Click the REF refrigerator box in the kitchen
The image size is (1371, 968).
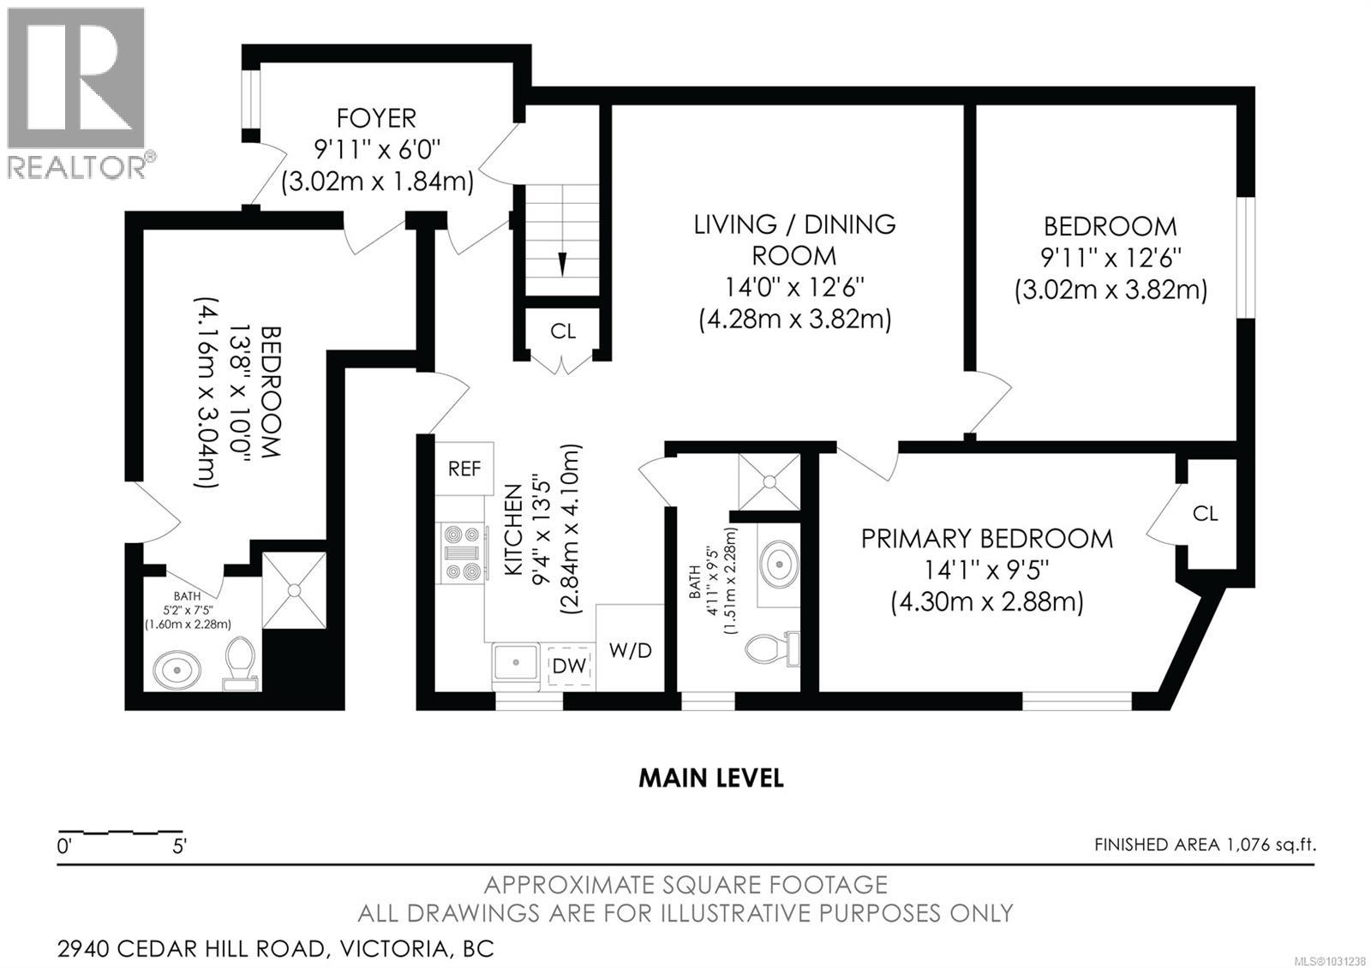tap(464, 469)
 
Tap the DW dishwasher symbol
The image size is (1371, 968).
tap(569, 666)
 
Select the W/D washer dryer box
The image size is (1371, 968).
tap(630, 650)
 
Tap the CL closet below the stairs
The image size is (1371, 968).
tap(563, 332)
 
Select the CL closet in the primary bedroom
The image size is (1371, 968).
tap(1205, 513)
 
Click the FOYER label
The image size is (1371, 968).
tap(376, 117)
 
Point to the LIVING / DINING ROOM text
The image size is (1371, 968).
tap(794, 240)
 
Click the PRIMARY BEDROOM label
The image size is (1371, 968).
tap(986, 539)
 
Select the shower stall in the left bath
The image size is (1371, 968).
tap(294, 590)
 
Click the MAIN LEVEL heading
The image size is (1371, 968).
tap(710, 778)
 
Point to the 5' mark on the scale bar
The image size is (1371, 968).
tap(180, 846)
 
